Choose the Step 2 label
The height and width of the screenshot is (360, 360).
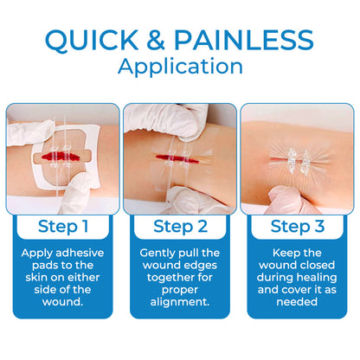(x=179, y=227)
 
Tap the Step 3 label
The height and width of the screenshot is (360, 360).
(x=297, y=227)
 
